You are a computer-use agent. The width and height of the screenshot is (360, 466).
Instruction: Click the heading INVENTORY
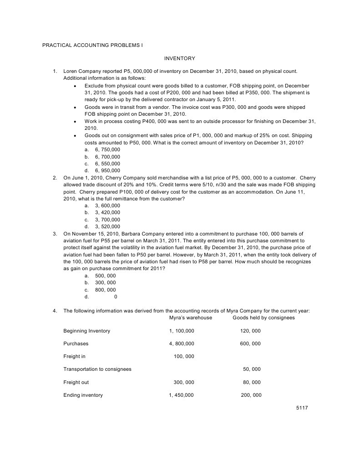[179, 58]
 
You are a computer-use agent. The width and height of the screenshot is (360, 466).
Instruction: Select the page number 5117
[302, 408]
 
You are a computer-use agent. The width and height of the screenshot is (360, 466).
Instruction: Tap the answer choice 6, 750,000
[107, 149]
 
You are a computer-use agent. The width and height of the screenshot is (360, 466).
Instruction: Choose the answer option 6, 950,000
[107, 170]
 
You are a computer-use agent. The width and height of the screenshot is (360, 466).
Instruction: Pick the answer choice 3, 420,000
[107, 212]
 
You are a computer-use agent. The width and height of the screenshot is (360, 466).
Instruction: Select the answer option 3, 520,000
[107, 226]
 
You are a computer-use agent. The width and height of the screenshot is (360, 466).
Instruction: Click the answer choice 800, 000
[105, 290]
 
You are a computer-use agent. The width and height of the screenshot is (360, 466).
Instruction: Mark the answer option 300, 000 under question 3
[105, 282]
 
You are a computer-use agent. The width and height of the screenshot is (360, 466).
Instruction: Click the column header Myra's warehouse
[190, 317]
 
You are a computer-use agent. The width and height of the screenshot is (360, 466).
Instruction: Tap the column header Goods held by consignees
[264, 317]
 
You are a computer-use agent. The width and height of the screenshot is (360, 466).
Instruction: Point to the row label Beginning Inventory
[86, 331]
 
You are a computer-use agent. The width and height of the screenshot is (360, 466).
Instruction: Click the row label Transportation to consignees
[97, 369]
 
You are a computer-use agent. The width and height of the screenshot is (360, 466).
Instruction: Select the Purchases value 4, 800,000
[182, 343]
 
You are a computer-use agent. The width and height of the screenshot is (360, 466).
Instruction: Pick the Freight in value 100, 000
[184, 356]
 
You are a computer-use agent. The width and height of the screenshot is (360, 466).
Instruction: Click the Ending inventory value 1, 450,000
[181, 395]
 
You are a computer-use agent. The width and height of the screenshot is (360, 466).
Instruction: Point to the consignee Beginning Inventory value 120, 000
[250, 331]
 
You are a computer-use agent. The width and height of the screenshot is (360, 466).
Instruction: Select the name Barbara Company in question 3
[142, 233]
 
